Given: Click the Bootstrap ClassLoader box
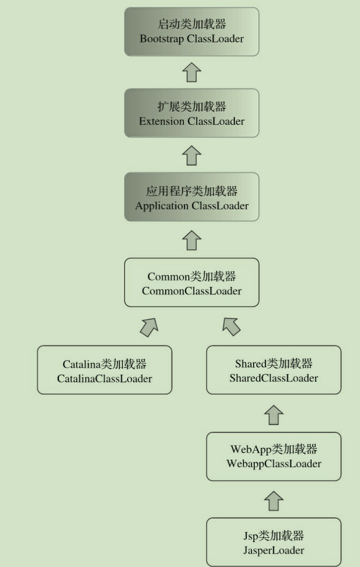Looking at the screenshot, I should (x=191, y=32).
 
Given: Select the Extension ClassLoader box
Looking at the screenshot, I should (x=191, y=114).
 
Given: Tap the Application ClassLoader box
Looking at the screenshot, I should (x=191, y=198).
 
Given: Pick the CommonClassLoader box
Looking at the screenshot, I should (x=191, y=283).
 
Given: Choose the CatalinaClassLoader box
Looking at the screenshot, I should (x=104, y=370).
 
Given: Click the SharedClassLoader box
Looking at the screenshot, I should (x=273, y=370).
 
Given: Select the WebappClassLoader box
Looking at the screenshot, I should (x=273, y=456).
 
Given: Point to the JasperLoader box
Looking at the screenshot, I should (x=273, y=542).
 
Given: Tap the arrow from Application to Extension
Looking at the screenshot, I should (x=191, y=156).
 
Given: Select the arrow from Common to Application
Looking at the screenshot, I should (x=191, y=240).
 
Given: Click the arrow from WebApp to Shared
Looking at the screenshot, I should (x=273, y=414).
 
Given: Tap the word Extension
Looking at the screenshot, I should (x=162, y=121).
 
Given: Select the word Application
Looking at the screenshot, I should (x=162, y=206).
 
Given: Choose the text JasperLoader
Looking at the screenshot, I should (x=273, y=550).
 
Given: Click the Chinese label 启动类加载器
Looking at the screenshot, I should (x=191, y=24).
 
